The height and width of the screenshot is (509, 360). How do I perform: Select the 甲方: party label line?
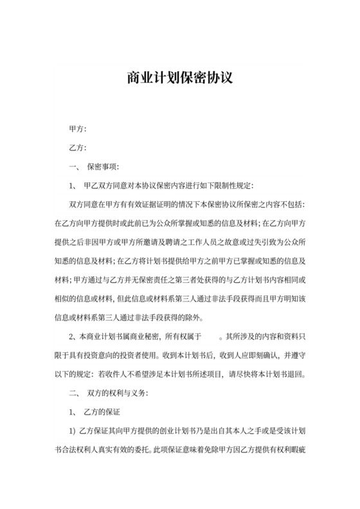tap(77, 129)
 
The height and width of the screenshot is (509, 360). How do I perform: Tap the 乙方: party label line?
tap(77, 148)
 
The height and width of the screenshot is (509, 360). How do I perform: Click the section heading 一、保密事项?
tap(93, 167)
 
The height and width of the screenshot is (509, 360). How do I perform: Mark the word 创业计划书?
tap(168, 430)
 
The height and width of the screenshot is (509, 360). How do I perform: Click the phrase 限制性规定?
tap(234, 186)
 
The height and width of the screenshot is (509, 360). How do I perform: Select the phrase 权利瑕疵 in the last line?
tap(288, 449)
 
